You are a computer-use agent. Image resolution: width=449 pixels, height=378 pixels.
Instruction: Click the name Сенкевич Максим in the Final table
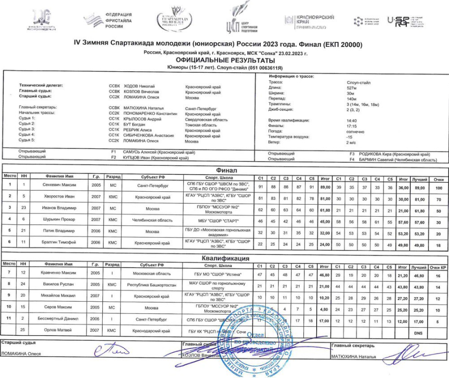[59, 186]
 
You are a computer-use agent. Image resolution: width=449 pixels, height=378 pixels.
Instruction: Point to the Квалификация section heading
[224, 258]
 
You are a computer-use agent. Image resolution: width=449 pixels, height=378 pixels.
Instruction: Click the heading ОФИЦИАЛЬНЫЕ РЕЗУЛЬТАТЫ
[224, 59]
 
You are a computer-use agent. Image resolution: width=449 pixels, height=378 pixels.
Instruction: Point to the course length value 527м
[351, 87]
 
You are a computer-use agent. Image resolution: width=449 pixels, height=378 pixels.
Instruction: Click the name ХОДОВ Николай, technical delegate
[139, 87]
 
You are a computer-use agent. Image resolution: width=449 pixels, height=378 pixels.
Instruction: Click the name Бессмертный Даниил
[59, 318]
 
